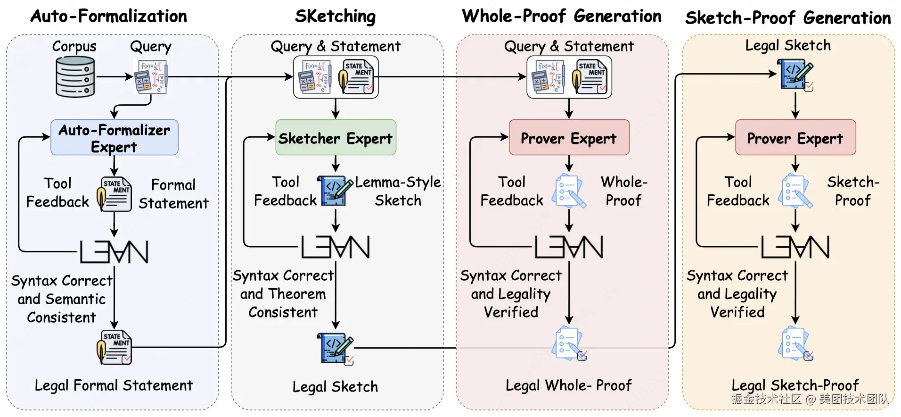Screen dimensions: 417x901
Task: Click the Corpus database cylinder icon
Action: pyautogui.click(x=75, y=76)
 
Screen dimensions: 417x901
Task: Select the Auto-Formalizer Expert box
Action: pyautogui.click(x=115, y=137)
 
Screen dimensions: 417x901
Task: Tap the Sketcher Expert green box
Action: pyautogui.click(x=336, y=137)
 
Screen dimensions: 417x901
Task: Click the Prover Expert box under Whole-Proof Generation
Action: pyautogui.click(x=569, y=137)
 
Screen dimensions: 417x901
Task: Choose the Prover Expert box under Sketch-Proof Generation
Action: pyautogui.click(x=795, y=137)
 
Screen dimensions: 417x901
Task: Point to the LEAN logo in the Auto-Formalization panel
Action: pyautogui.click(x=114, y=251)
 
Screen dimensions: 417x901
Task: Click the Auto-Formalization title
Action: pyautogui.click(x=109, y=16)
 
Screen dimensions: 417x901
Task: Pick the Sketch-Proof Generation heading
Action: pyautogui.click(x=788, y=18)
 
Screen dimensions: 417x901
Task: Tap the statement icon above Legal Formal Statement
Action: pyautogui.click(x=114, y=347)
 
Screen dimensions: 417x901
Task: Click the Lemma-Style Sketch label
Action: pyautogui.click(x=398, y=191)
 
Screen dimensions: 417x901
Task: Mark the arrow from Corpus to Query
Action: pyautogui.click(x=114, y=76)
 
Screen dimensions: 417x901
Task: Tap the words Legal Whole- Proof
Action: pyautogui.click(x=569, y=385)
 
